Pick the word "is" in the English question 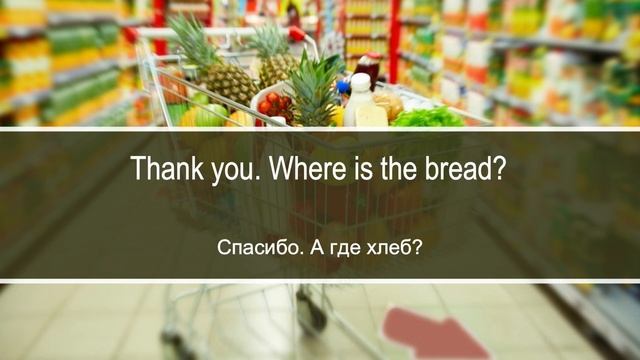pyautogui.click(x=358, y=168)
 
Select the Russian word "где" pyautogui.click(x=344, y=246)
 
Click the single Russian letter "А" pyautogui.click(x=310, y=246)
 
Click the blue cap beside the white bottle pyautogui.click(x=343, y=88)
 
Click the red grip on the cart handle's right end pyautogui.click(x=296, y=34)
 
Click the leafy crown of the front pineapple pyautogui.click(x=313, y=80)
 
